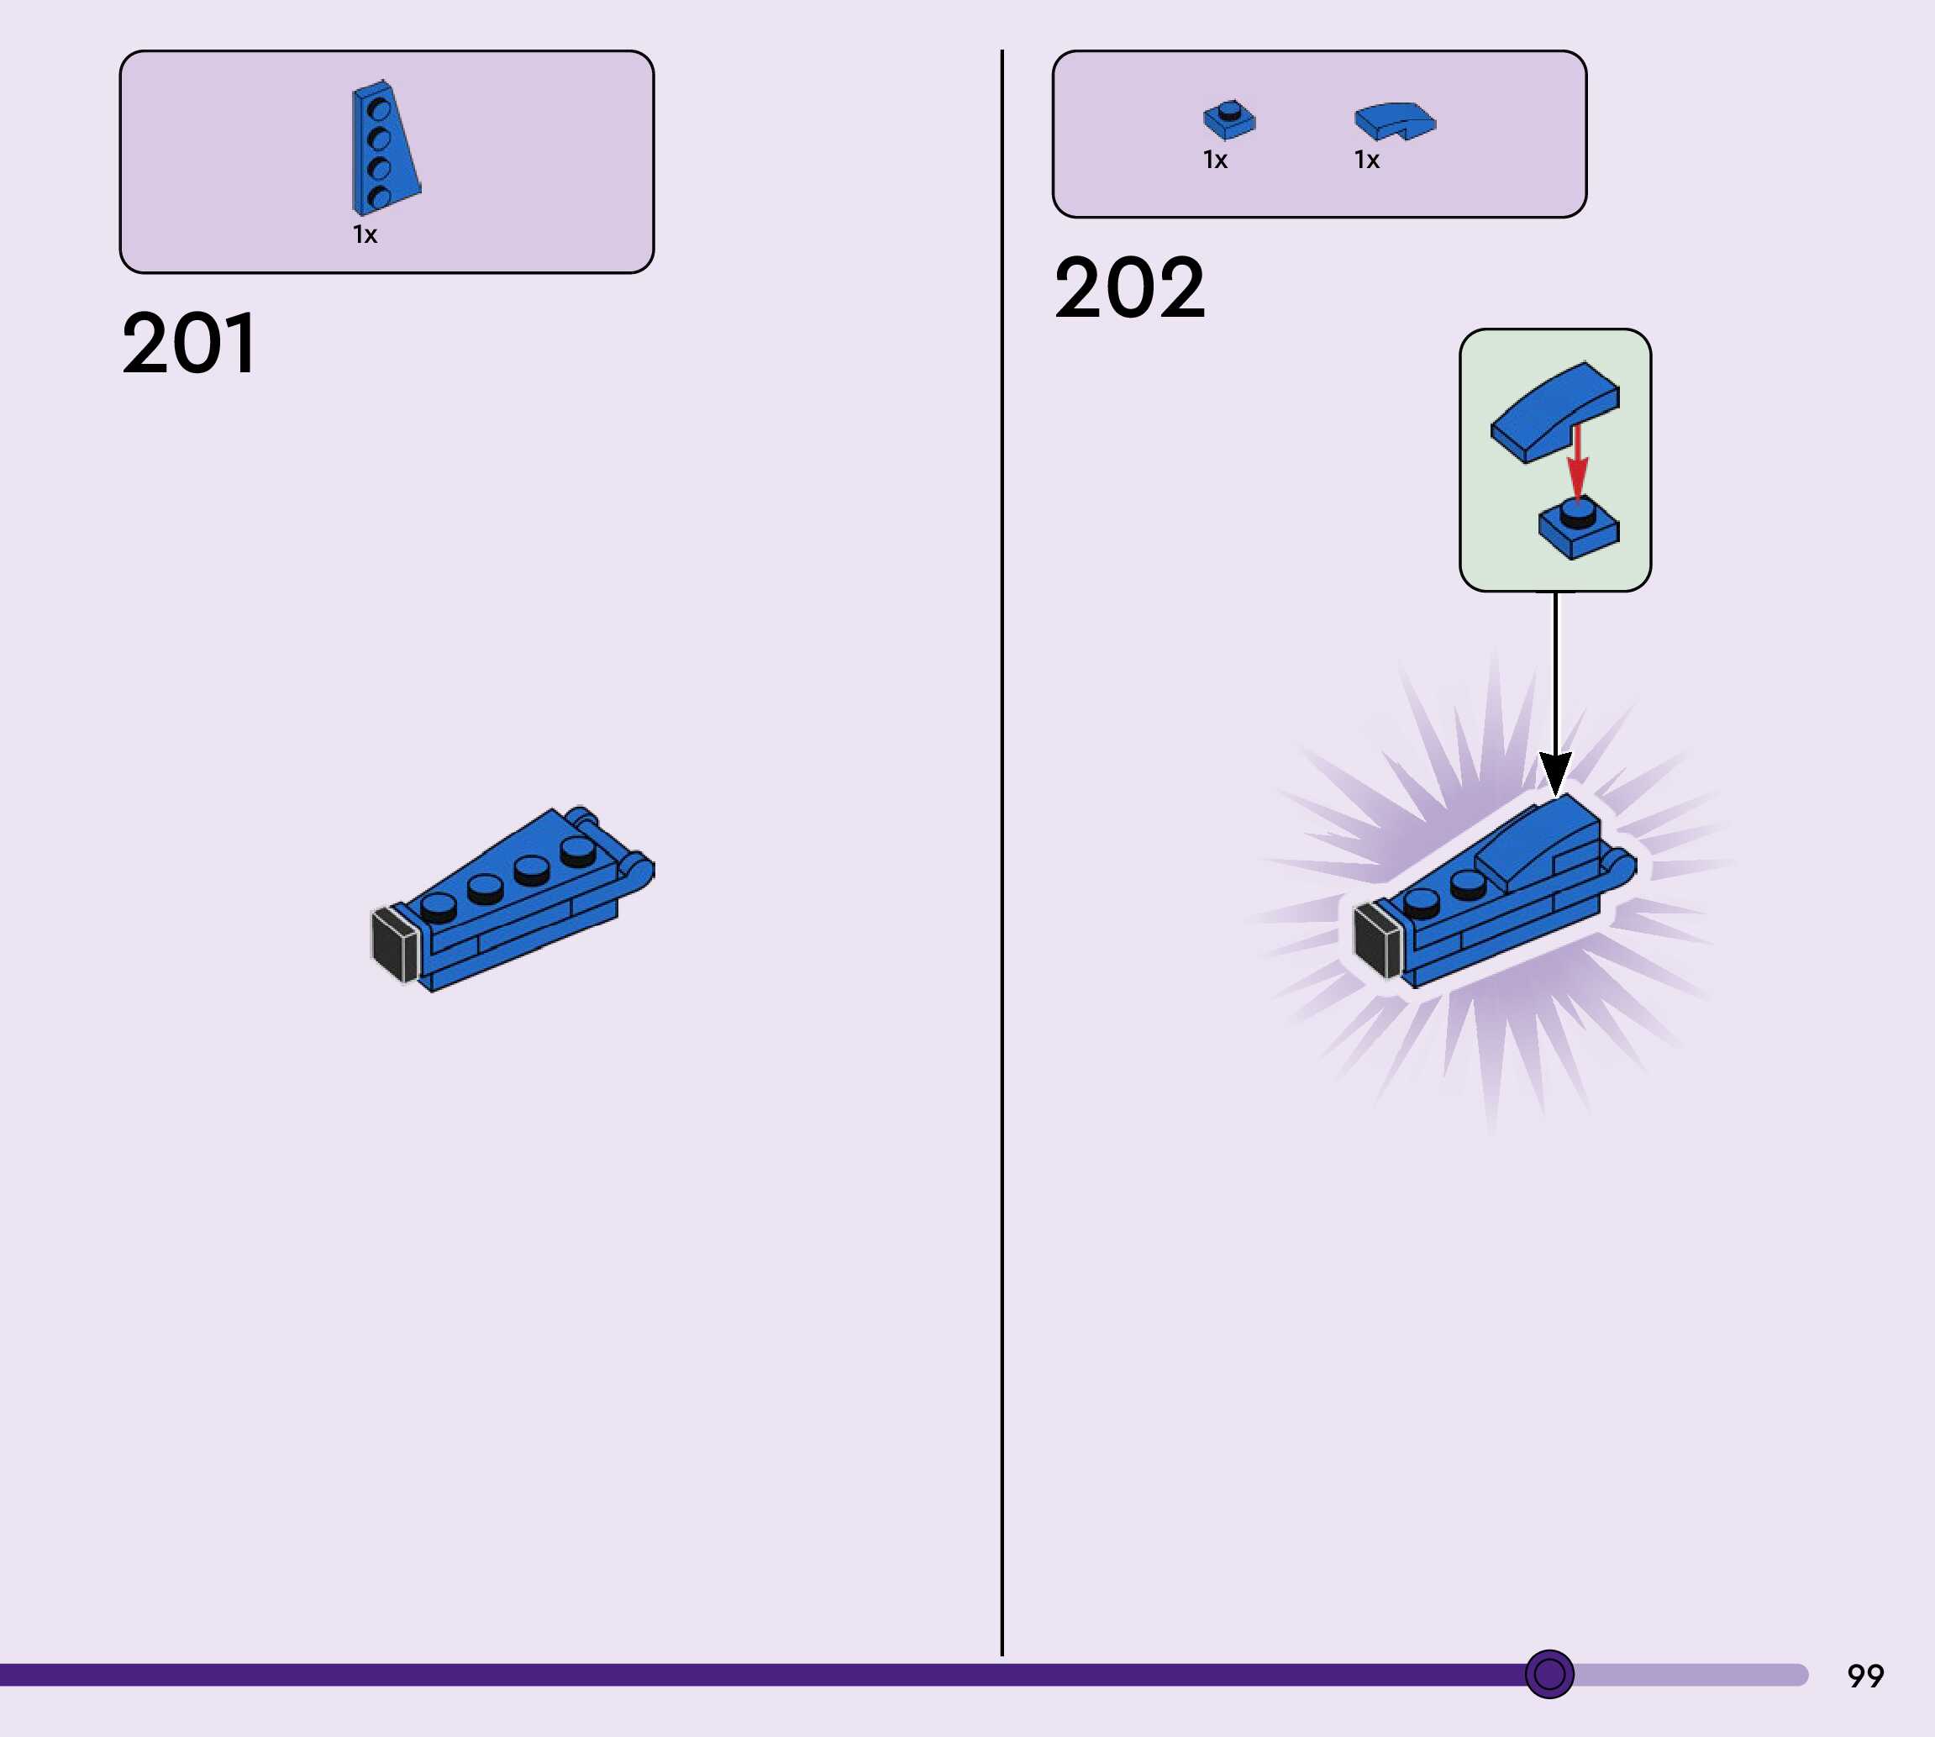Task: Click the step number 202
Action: pyautogui.click(x=1130, y=288)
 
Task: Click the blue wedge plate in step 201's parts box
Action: pyautogui.click(x=384, y=148)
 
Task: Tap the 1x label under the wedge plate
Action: pyautogui.click(x=365, y=234)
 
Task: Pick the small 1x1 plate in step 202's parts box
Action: pyautogui.click(x=1229, y=120)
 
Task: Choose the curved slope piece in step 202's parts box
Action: pyautogui.click(x=1394, y=121)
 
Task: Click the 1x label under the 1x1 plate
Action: pyautogui.click(x=1215, y=161)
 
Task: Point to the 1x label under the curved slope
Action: pyautogui.click(x=1366, y=161)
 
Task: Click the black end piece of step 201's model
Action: pyautogui.click(x=394, y=944)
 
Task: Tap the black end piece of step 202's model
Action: pyautogui.click(x=1377, y=941)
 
